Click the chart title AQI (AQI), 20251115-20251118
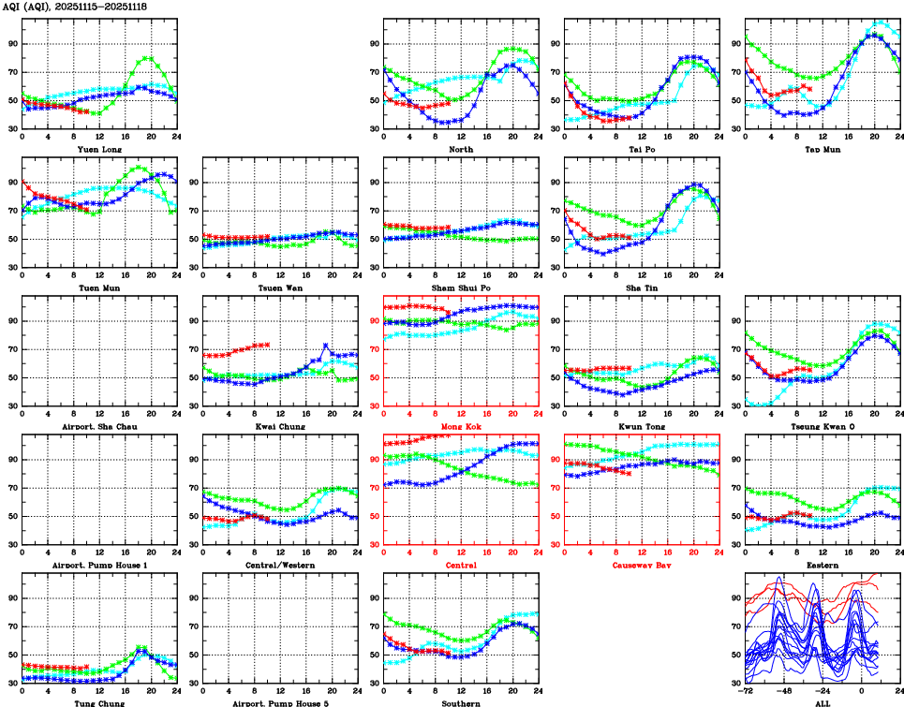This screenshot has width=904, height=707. [76, 7]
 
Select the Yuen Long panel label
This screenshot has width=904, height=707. [97, 149]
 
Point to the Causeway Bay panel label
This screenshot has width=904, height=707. [641, 566]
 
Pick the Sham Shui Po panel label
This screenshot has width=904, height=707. [460, 287]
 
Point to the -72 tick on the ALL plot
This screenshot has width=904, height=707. [746, 693]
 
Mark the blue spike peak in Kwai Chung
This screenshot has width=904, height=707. [325, 346]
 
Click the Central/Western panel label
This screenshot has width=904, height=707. [278, 566]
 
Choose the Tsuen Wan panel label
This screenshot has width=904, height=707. [278, 287]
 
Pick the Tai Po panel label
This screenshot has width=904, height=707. [641, 149]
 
